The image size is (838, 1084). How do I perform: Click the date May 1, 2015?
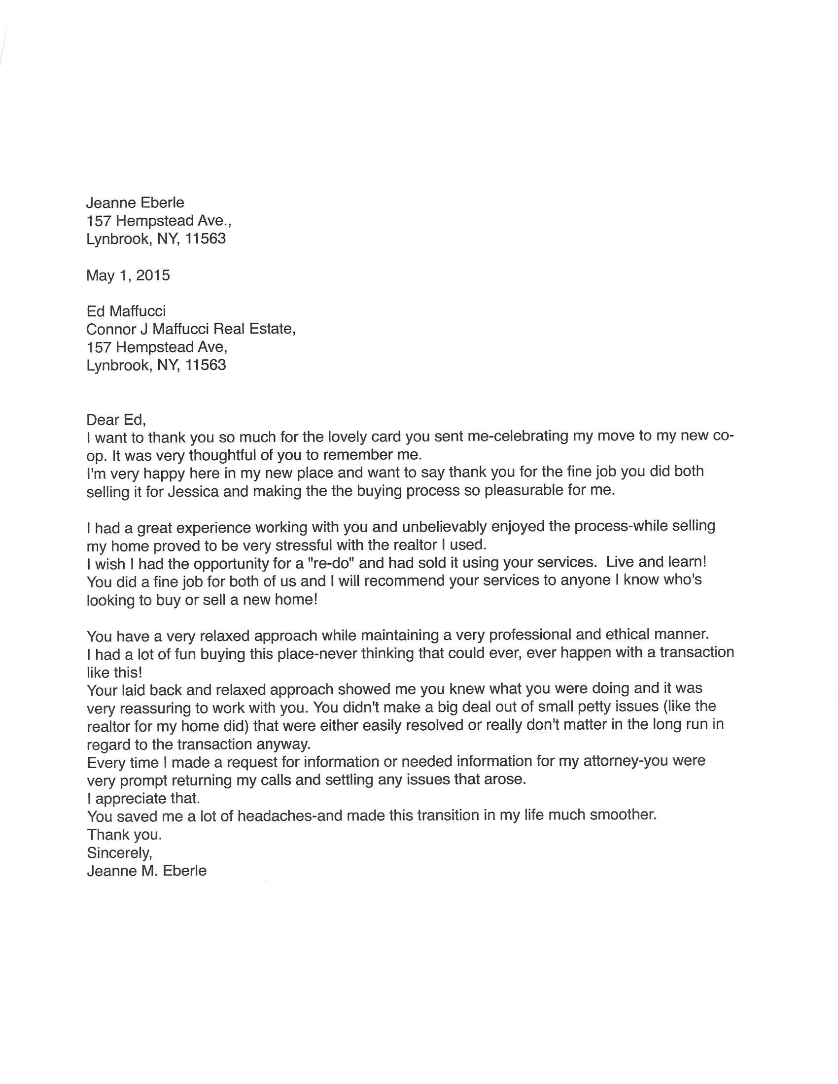(x=128, y=275)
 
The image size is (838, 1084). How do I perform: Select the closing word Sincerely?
(x=119, y=852)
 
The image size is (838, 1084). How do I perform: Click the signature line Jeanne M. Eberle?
(x=146, y=871)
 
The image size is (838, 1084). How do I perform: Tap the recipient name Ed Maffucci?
(x=126, y=311)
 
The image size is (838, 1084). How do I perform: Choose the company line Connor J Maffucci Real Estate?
(x=191, y=329)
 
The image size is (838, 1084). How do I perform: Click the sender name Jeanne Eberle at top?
(x=135, y=203)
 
